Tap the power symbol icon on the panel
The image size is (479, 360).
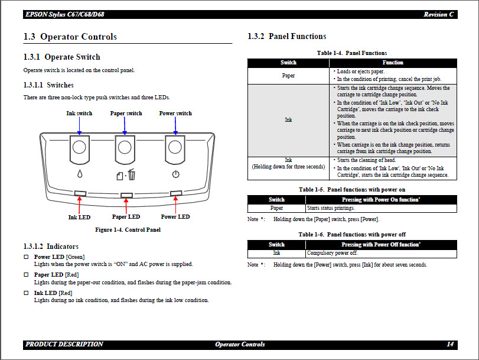click(175, 174)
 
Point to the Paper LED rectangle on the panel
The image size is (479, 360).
click(126, 194)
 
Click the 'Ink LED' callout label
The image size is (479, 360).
click(79, 217)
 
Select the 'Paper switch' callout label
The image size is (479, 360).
click(126, 113)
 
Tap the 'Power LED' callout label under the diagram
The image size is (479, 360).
click(175, 217)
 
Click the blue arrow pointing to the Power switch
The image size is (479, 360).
click(175, 126)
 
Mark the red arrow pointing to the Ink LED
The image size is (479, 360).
click(80, 204)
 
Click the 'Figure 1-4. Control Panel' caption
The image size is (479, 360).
click(128, 230)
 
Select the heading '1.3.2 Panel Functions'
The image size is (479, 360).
click(286, 37)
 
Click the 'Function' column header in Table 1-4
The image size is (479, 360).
click(393, 62)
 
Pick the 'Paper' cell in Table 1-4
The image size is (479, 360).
click(288, 76)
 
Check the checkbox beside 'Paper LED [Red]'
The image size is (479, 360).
click(26, 275)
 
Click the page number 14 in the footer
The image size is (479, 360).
click(450, 344)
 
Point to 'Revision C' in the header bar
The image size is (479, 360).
click(438, 14)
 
